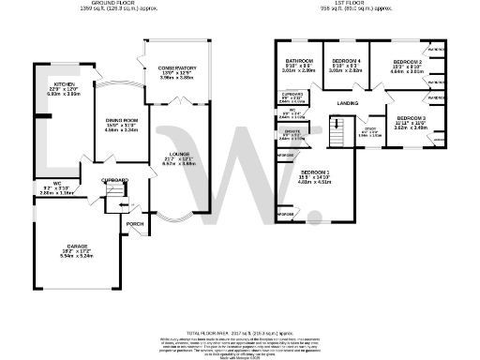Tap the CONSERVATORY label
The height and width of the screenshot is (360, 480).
point(176,68)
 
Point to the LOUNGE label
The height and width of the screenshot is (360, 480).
point(178,154)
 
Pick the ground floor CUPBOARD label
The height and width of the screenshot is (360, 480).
point(114,179)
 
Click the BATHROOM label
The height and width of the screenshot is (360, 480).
point(298,61)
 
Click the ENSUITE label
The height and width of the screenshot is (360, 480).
point(292,132)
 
